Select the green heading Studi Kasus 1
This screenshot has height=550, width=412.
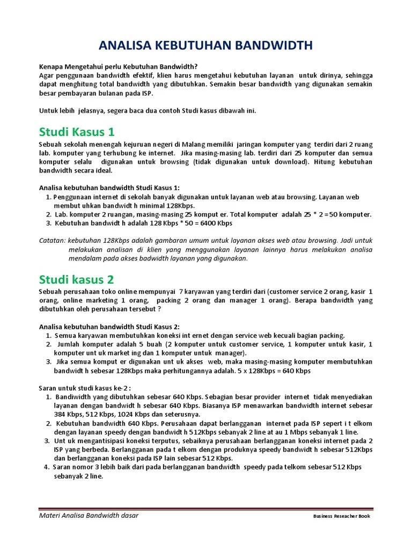point(77,132)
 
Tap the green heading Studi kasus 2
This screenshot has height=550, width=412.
point(77,279)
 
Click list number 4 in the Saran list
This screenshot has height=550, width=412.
point(46,467)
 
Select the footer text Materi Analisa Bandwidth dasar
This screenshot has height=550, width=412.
point(89,516)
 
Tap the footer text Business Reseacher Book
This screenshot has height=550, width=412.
point(342,517)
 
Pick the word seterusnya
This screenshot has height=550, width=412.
point(184,414)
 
